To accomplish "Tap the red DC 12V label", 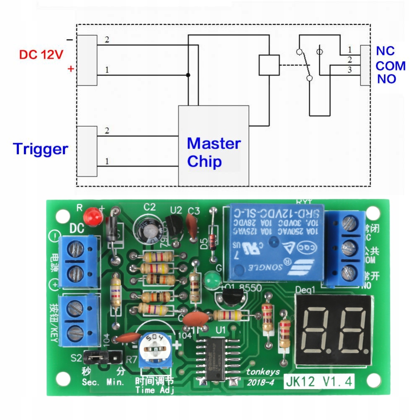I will [x=41, y=54].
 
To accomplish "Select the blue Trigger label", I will [x=40, y=149].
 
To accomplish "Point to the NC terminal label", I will [x=385, y=51].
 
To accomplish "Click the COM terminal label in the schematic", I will [x=390, y=66].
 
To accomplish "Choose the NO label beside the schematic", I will [x=386, y=79].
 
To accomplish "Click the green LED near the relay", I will [x=213, y=279].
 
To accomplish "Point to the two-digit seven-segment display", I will [x=334, y=329].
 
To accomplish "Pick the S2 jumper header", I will [x=103, y=357].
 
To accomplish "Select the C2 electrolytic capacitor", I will [x=146, y=230].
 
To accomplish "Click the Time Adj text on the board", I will [x=155, y=390].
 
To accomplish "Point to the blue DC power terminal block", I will [x=78, y=261].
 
